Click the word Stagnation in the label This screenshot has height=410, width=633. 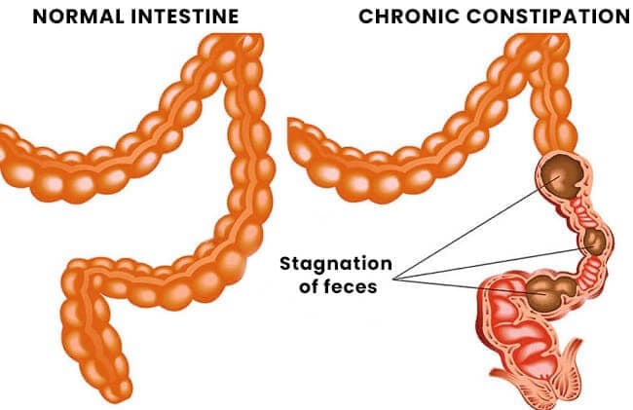pos(336,264)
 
